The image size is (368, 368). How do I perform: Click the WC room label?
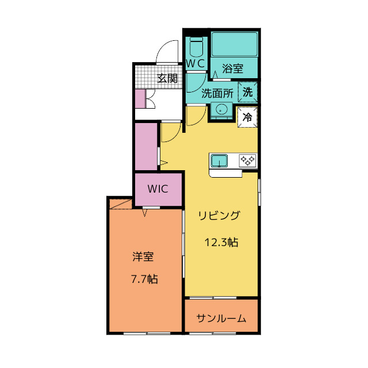pyautogui.click(x=195, y=63)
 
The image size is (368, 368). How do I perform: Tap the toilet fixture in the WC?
pyautogui.click(x=196, y=47)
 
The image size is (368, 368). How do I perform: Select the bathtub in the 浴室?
pyautogui.click(x=234, y=44)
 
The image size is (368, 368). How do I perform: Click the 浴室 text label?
pyautogui.click(x=232, y=68)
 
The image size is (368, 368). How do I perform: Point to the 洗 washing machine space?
pyautogui.click(x=248, y=92)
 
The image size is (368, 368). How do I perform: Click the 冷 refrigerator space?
pyautogui.click(x=247, y=117)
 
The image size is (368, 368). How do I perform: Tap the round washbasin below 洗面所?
pyautogui.click(x=221, y=109)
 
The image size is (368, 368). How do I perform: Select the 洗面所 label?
pyautogui.click(x=217, y=93)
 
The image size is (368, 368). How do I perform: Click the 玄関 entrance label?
pyautogui.click(x=167, y=78)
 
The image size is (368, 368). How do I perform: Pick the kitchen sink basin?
pyautogui.click(x=219, y=160)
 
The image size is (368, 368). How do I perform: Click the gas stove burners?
pyautogui.click(x=248, y=160)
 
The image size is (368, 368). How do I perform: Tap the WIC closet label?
pyautogui.click(x=158, y=189)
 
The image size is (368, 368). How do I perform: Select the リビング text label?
pyautogui.click(x=219, y=216)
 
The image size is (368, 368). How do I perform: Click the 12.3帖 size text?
pyautogui.click(x=221, y=242)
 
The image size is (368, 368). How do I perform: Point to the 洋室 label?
pyautogui.click(x=143, y=256)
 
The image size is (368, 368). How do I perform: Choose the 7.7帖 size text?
pyautogui.click(x=144, y=279)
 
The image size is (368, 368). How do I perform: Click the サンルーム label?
pyautogui.click(x=221, y=319)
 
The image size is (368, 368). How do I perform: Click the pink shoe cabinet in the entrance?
pyautogui.click(x=140, y=99)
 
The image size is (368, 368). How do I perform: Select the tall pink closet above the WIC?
pyautogui.click(x=146, y=147)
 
